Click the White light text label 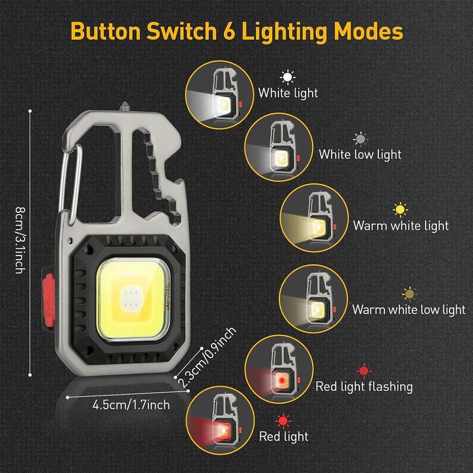click(x=288, y=93)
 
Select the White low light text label click(x=360, y=154)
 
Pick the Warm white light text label click(x=401, y=225)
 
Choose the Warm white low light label click(x=409, y=309)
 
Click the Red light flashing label click(x=364, y=386)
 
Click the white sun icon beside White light click(x=287, y=76)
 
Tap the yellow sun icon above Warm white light click(x=400, y=210)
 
